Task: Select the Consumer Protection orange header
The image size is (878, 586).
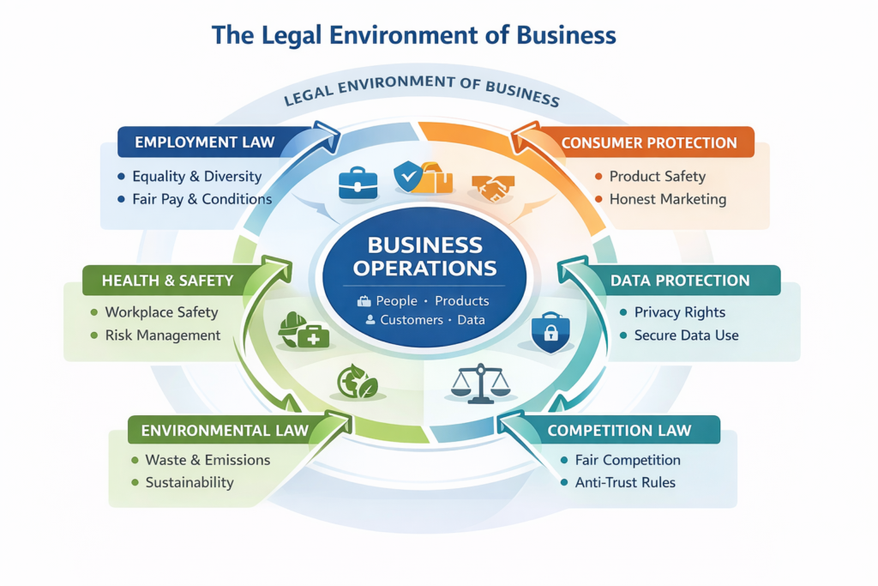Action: (x=649, y=142)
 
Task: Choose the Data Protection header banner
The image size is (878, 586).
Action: (x=680, y=281)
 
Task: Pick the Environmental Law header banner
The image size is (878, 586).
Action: (x=224, y=430)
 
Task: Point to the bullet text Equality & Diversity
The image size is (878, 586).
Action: (x=196, y=177)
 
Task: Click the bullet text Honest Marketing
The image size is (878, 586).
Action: (x=667, y=199)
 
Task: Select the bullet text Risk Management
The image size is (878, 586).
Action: (x=163, y=335)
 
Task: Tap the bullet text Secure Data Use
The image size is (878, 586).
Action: (x=686, y=335)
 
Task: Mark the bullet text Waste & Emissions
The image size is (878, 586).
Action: (x=207, y=460)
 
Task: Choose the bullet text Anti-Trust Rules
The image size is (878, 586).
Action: (x=625, y=482)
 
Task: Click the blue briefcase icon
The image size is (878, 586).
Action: (x=358, y=183)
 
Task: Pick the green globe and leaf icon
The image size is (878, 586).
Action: (x=357, y=382)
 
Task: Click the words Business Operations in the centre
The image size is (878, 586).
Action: (x=425, y=257)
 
